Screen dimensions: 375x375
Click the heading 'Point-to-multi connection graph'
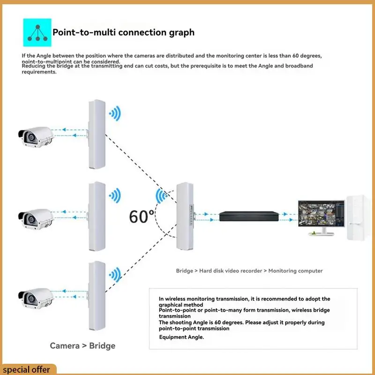pos(123,32)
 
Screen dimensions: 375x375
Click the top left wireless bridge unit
pos(96,135)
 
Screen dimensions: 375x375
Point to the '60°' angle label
pos(142,216)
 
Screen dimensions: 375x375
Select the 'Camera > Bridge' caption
pos(82,346)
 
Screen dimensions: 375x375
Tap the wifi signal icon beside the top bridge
pos(115,113)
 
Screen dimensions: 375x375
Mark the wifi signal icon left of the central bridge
pos(162,196)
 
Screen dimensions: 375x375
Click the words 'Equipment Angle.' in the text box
pos(181,337)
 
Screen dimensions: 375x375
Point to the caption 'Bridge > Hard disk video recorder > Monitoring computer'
pos(249,271)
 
